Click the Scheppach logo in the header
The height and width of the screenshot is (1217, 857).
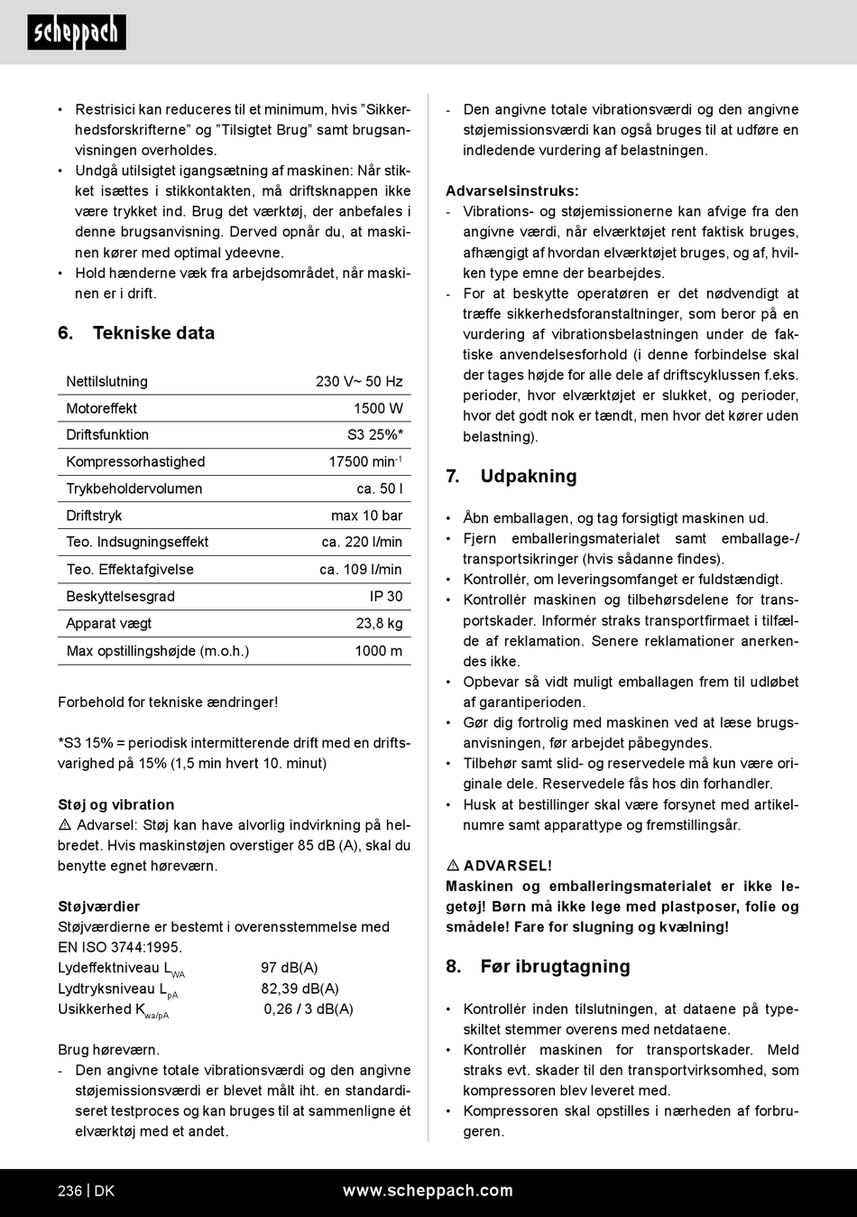click(x=77, y=33)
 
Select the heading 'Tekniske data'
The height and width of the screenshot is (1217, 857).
click(x=153, y=333)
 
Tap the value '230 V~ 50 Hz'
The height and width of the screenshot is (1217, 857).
click(x=359, y=382)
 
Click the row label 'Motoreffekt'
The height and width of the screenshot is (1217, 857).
click(x=102, y=409)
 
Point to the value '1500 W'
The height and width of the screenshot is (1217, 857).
click(x=378, y=409)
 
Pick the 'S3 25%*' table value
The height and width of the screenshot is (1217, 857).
click(x=375, y=435)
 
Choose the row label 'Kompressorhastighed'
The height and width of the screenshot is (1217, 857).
click(x=135, y=462)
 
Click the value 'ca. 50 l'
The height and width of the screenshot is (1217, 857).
click(x=380, y=489)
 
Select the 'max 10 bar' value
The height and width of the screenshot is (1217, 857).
click(x=367, y=516)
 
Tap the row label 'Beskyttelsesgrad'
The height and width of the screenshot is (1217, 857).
click(x=121, y=597)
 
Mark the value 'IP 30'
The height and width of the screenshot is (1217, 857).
click(x=386, y=597)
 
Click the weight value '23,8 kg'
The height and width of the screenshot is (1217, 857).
click(x=380, y=624)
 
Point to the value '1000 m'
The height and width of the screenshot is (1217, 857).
click(x=379, y=651)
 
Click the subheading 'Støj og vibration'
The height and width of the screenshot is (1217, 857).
click(x=116, y=804)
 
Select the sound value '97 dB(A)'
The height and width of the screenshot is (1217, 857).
click(x=290, y=968)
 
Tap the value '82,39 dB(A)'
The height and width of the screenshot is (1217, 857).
click(x=300, y=989)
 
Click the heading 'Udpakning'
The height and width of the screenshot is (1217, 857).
click(x=528, y=477)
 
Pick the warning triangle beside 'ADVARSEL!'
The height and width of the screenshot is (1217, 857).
click(x=453, y=866)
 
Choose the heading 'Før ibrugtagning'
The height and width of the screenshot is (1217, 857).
click(x=555, y=967)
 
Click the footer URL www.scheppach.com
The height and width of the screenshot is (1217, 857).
click(x=428, y=1191)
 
